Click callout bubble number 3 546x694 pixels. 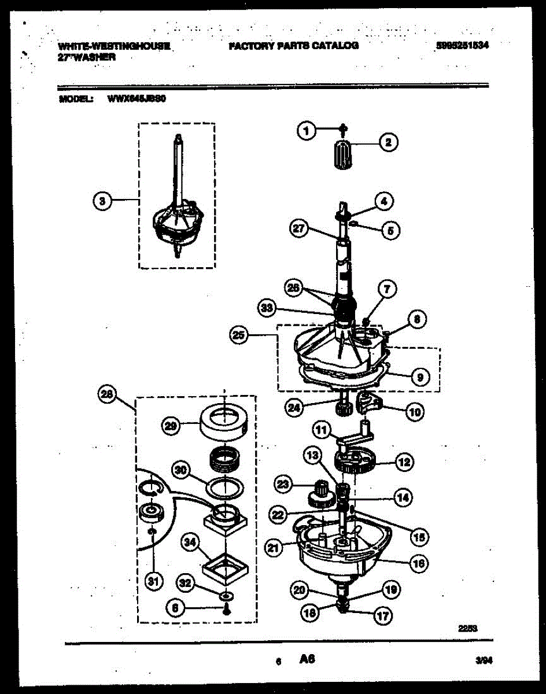pos(102,201)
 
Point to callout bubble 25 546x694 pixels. pos(238,334)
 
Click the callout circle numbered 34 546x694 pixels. pos(189,542)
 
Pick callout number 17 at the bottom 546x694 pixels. pos(382,616)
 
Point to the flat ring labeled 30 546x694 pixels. pos(224,486)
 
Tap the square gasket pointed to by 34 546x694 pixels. pos(224,567)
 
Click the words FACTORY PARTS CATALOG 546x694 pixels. pos(293,46)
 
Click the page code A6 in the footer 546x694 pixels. pos(307,659)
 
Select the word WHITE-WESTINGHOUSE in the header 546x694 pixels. pos(114,46)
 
